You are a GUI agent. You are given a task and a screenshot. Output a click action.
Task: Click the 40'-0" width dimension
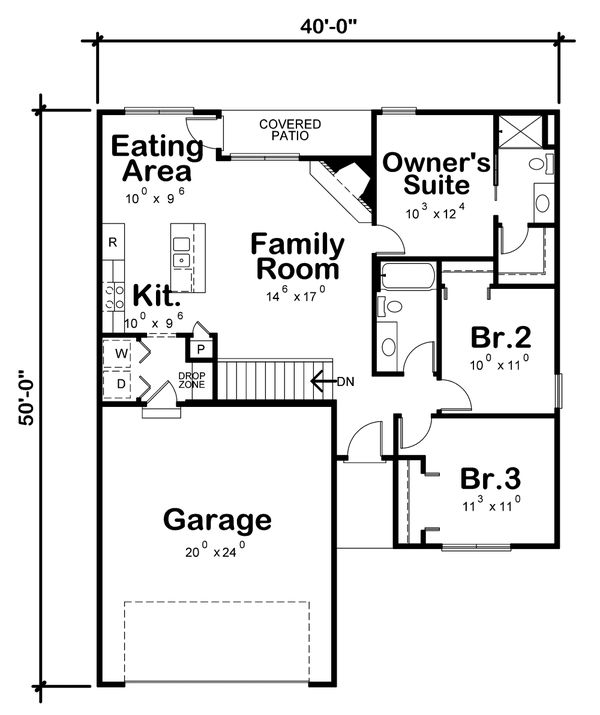click(328, 26)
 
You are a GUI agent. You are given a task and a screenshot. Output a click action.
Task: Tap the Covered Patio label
click(290, 130)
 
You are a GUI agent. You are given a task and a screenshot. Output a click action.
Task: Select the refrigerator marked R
click(113, 242)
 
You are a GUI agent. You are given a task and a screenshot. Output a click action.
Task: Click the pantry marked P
click(201, 349)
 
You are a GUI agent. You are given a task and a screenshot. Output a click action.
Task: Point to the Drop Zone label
click(191, 380)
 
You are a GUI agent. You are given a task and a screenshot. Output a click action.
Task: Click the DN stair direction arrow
click(323, 381)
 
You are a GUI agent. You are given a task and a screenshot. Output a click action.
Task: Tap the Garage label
click(217, 520)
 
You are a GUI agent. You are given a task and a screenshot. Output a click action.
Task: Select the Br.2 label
click(501, 337)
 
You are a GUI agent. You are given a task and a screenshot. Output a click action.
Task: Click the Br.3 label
click(490, 479)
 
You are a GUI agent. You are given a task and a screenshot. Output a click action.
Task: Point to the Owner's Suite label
click(436, 174)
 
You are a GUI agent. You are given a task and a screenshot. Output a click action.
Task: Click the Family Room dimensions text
click(295, 296)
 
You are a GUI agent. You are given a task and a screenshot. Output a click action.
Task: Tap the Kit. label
click(156, 295)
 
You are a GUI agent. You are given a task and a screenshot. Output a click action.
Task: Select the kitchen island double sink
click(181, 252)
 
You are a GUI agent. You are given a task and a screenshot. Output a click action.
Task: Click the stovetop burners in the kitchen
click(114, 296)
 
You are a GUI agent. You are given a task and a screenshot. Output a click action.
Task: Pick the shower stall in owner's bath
click(519, 131)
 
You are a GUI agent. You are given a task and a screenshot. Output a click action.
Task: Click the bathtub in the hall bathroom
click(406, 275)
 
